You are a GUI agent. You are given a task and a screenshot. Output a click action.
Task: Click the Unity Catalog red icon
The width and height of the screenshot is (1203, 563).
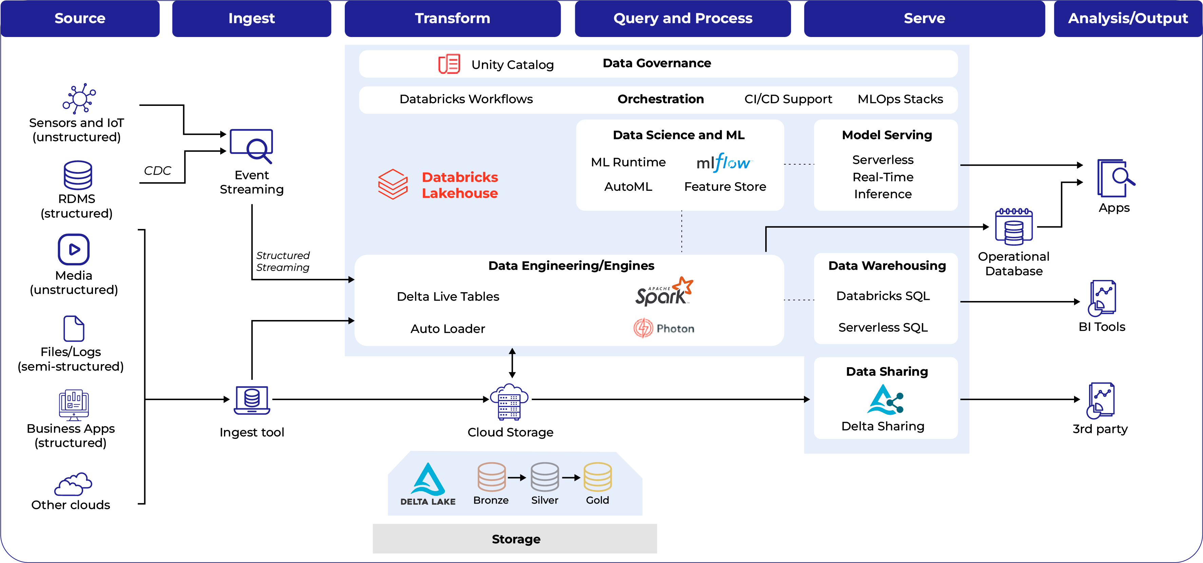(449, 64)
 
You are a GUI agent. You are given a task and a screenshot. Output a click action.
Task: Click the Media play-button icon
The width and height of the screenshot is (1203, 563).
(74, 249)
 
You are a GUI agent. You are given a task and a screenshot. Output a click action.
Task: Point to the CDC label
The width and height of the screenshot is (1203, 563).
(157, 171)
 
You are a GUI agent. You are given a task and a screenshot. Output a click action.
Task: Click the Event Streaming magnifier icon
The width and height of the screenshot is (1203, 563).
(252, 146)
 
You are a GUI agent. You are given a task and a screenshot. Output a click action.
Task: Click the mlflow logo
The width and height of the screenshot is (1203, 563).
(723, 163)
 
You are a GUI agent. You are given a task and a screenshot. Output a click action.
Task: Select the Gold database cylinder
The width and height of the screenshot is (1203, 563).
(597, 477)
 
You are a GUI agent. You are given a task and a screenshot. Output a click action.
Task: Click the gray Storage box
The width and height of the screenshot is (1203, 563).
(515, 539)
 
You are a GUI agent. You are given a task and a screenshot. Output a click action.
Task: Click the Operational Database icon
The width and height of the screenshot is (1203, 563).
(1013, 227)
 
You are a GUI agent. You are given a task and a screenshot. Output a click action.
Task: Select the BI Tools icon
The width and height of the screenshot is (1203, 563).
(1102, 298)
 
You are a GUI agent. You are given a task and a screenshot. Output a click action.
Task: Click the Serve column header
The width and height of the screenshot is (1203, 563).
(924, 18)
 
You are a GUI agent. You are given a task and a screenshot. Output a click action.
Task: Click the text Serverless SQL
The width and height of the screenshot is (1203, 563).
(883, 327)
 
